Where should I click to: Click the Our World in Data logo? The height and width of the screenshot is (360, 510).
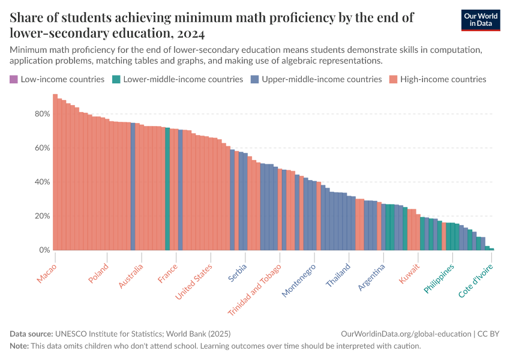[481, 20]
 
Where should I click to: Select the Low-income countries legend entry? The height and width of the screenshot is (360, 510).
[57, 79]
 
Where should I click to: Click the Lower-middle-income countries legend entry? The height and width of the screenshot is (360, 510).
[178, 79]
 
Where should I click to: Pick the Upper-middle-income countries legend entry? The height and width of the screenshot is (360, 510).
[316, 79]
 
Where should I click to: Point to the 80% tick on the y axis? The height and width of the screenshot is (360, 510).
[41, 114]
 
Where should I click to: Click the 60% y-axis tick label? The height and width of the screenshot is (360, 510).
[41, 148]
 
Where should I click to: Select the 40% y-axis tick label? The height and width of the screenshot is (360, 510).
[41, 182]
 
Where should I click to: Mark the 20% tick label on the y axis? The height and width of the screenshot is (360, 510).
[41, 216]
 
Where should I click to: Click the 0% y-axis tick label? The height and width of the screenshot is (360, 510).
[44, 250]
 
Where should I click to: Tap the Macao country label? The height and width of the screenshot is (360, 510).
[46, 274]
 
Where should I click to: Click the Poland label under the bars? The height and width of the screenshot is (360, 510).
[98, 274]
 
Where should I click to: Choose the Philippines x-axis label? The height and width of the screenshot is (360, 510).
[439, 278]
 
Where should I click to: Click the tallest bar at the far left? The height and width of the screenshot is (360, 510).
[55, 174]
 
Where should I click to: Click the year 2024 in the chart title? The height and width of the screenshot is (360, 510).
[191, 33]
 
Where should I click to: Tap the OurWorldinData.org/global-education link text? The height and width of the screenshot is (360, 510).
[405, 334]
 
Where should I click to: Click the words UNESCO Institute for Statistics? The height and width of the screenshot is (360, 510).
[107, 334]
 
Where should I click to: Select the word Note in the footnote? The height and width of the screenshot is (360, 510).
[20, 346]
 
